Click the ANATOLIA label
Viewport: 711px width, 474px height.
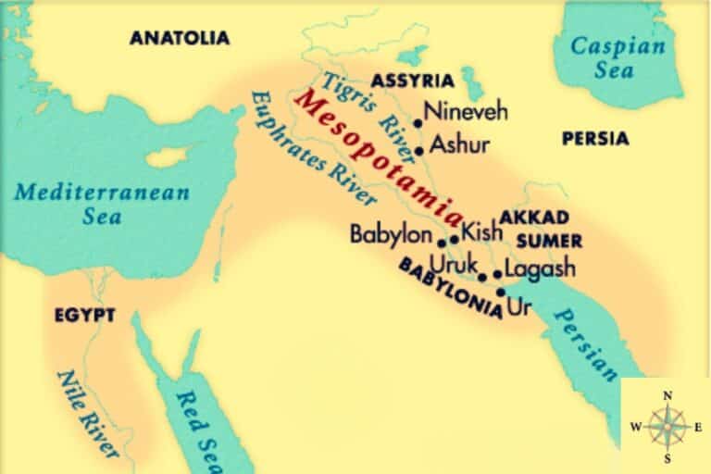[x=179, y=38]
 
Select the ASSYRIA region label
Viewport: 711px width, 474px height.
[x=412, y=80]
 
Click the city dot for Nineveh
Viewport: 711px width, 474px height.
[x=418, y=122]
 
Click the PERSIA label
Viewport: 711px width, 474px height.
[x=595, y=139]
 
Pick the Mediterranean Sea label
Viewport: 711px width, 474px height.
[x=102, y=204]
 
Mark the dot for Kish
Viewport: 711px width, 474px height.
[x=454, y=239]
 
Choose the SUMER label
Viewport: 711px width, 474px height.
[x=549, y=241]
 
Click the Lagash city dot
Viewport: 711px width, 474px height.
[x=497, y=274]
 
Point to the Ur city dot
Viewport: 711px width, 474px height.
[x=501, y=292]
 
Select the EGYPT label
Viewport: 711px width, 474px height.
[x=84, y=316]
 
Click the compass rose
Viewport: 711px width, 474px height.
[x=666, y=425]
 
